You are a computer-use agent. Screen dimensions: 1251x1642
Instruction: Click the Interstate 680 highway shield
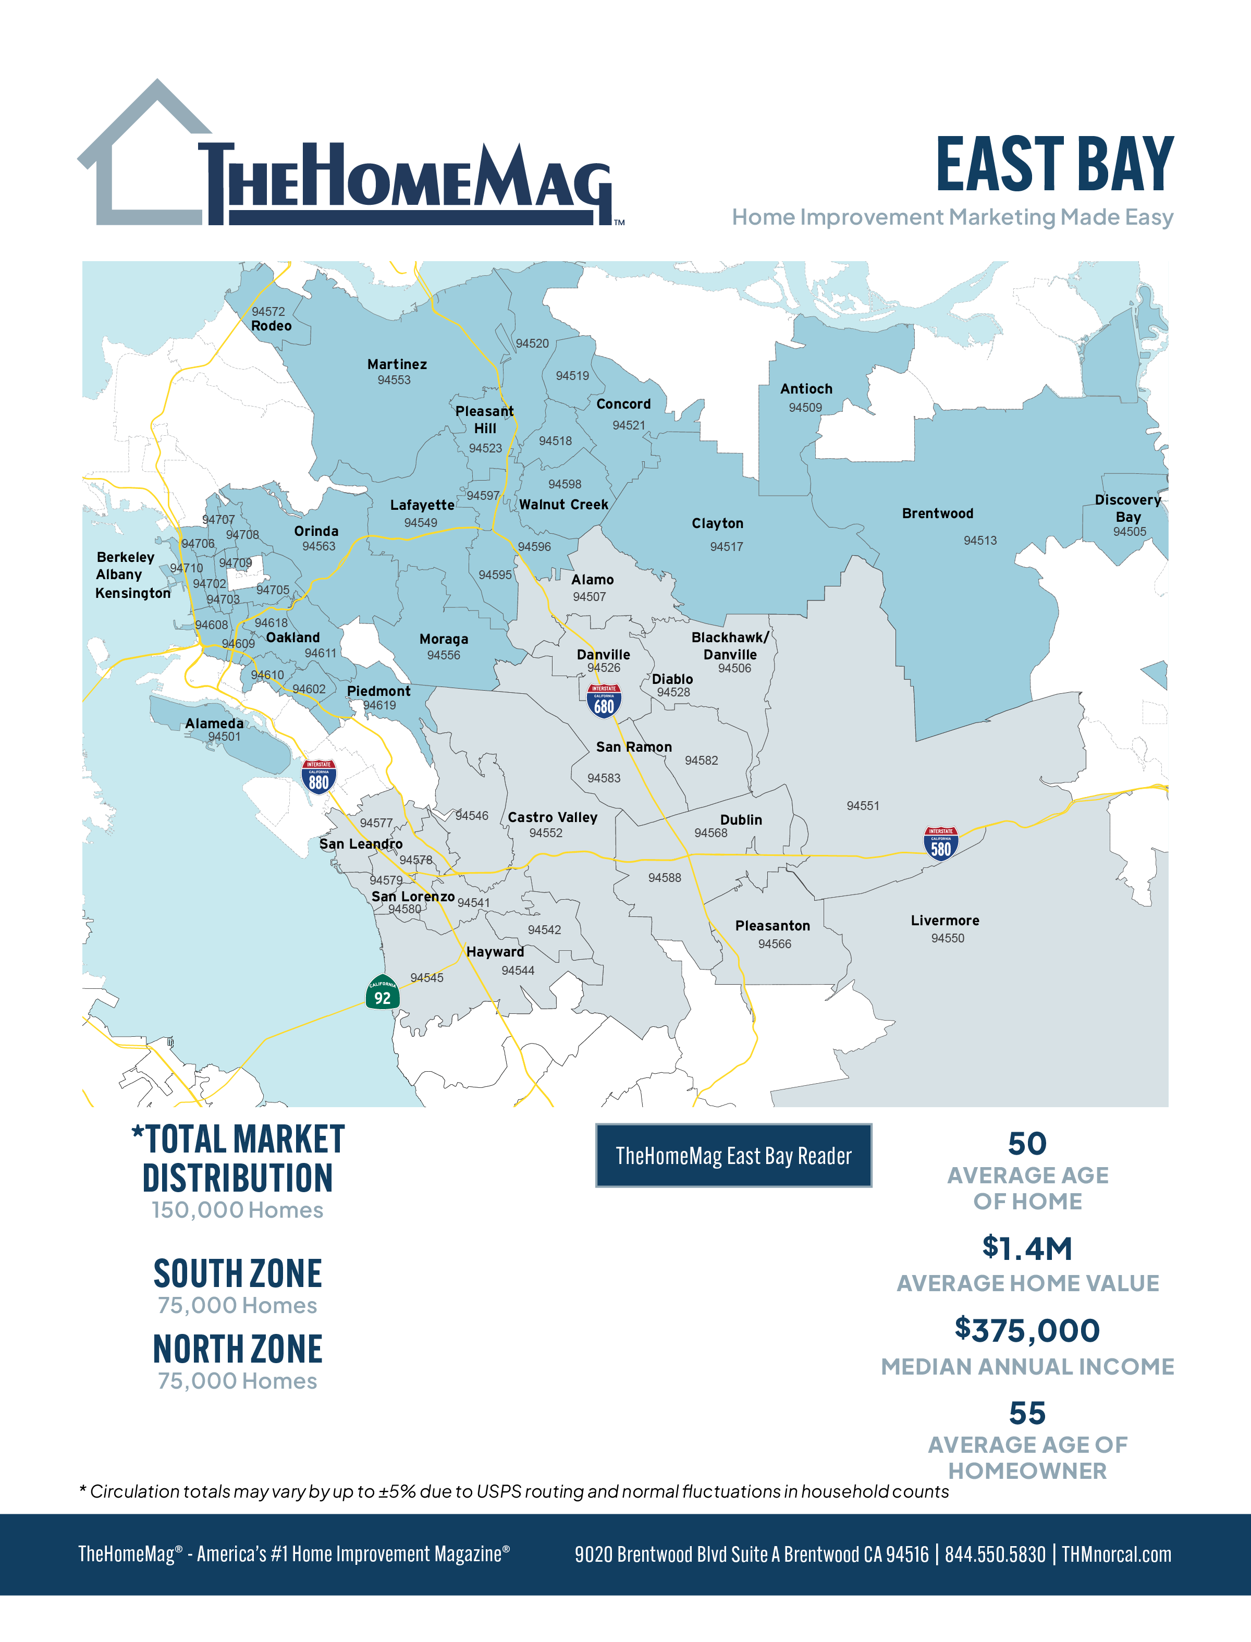point(604,701)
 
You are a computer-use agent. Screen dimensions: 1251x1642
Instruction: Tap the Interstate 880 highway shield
point(318,777)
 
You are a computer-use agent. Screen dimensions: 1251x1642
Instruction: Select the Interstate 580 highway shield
point(940,844)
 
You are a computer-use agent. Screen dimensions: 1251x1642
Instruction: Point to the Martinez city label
point(397,364)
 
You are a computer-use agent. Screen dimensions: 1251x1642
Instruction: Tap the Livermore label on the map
point(945,921)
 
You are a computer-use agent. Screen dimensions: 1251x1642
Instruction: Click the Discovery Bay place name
point(1127,508)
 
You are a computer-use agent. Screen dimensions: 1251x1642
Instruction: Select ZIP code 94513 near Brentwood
point(980,541)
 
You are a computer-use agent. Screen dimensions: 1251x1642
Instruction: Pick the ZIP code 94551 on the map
point(862,806)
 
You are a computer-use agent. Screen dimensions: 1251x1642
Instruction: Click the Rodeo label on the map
point(271,326)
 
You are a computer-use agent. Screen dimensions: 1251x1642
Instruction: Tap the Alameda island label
point(214,723)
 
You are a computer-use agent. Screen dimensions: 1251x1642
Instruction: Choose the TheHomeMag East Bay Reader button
point(733,1156)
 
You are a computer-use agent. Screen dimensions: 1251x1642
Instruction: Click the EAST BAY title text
point(1054,165)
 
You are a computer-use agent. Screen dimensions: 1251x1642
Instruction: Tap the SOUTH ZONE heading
point(238,1274)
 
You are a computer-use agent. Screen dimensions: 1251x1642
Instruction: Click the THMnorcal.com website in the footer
point(1116,1555)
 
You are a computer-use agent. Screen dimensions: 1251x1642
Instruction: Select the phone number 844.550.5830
point(995,1555)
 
